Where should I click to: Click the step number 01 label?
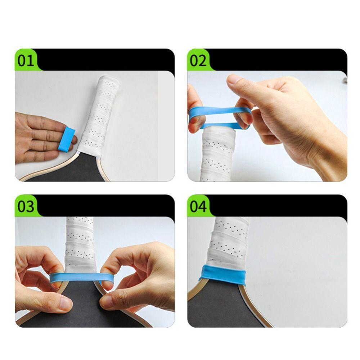coord(26,60)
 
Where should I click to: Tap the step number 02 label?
coord(198,60)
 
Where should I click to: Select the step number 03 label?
coord(26,206)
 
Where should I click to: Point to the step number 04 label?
coord(198,206)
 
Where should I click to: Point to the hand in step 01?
coord(36,137)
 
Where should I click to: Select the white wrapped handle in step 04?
coord(229,241)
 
